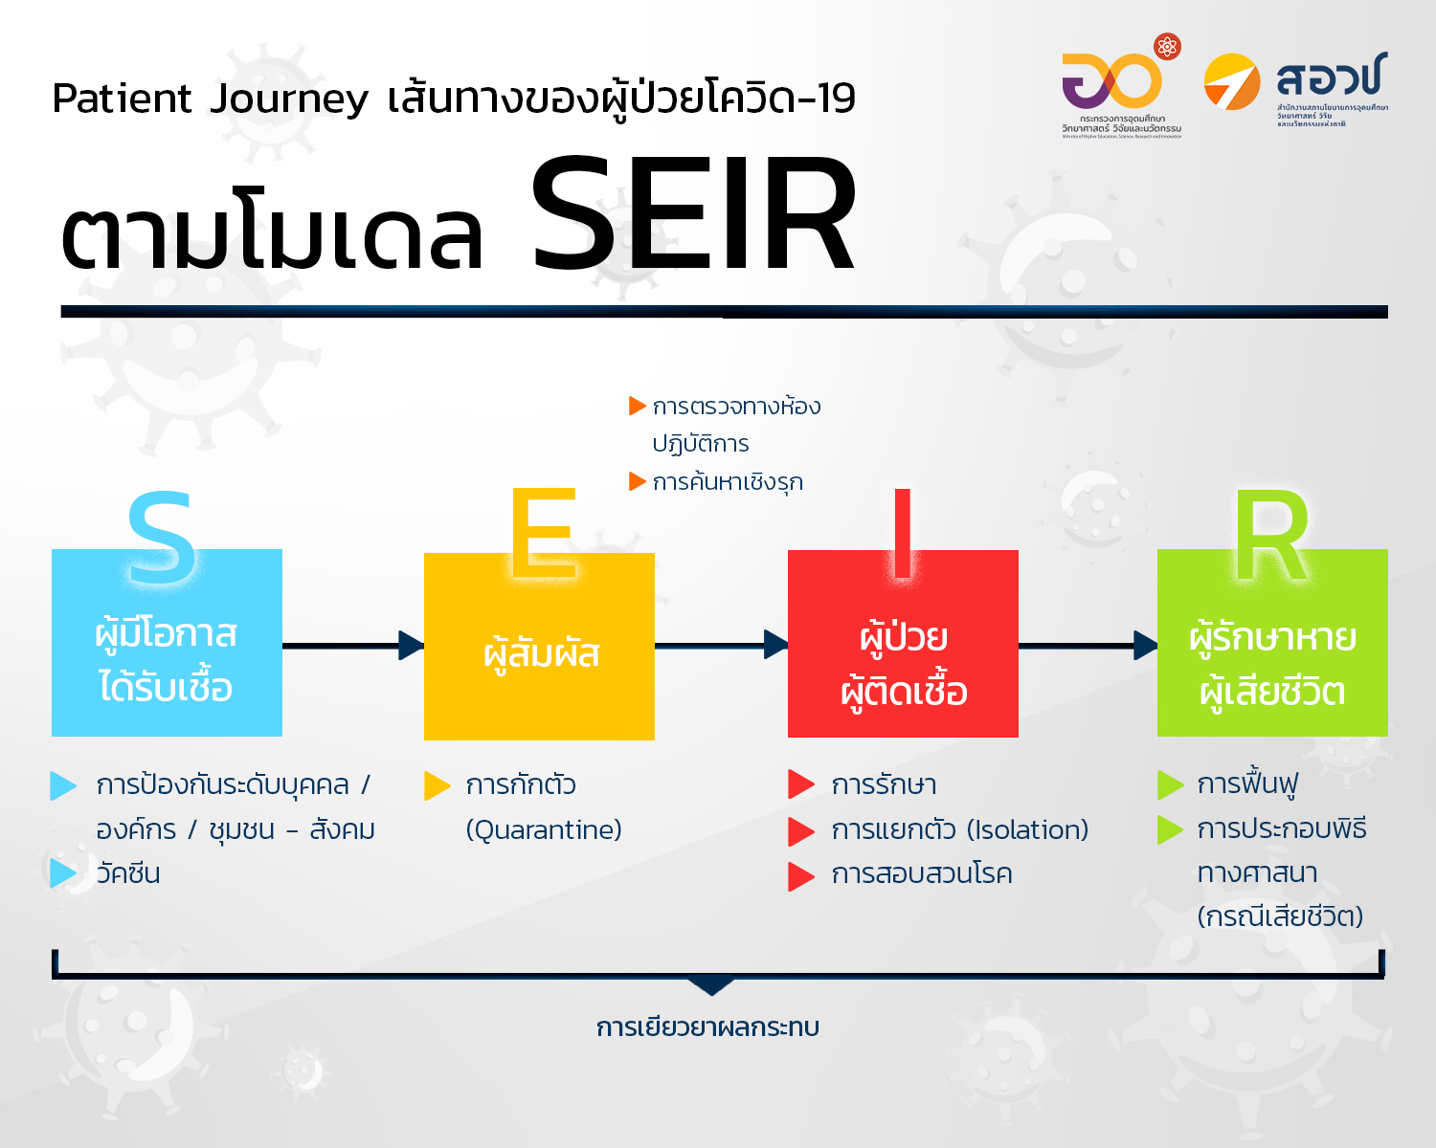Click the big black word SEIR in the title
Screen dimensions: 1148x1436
coord(693,217)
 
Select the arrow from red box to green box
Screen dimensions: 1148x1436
coord(1088,646)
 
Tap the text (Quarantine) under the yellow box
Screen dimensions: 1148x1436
coord(544,829)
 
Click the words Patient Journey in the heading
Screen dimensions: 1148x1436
coord(210,99)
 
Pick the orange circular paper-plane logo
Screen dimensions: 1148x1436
coord(1231,82)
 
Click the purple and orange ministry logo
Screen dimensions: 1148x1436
coord(1114,80)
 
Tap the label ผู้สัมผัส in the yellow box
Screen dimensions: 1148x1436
coord(541,653)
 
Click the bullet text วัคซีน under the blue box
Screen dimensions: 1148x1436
coord(128,873)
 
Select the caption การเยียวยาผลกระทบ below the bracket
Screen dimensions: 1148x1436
coord(707,1027)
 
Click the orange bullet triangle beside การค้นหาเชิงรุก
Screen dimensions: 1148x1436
coord(637,481)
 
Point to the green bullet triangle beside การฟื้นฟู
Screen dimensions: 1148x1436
coord(1170,784)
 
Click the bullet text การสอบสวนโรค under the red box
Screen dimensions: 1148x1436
coord(921,874)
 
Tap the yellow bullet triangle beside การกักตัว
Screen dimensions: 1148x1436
coord(437,785)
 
